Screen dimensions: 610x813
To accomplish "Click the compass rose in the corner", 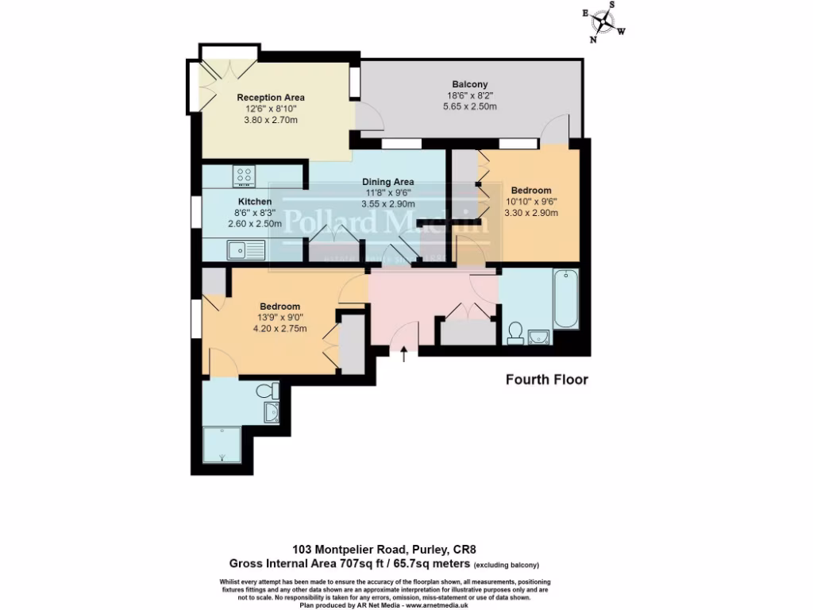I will (605, 21).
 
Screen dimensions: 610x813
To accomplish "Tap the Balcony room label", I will (469, 84).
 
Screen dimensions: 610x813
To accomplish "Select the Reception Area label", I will (271, 98).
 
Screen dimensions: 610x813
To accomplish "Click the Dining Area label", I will (388, 182).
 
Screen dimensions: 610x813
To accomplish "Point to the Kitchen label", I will (254, 202).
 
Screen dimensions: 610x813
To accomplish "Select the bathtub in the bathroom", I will (566, 299).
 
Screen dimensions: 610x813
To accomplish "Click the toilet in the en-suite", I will (269, 390).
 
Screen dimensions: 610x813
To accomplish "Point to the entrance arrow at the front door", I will (405, 354).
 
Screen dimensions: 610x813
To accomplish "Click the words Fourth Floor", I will (547, 380).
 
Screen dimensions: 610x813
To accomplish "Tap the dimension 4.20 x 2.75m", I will (279, 329).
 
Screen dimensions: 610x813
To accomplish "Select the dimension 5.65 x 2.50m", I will (469, 106).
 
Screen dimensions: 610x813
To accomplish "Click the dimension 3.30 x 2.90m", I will (530, 213).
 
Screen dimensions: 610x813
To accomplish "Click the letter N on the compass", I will (593, 39).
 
